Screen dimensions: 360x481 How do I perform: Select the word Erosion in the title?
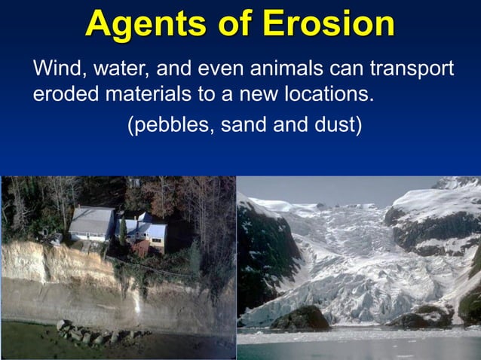coord(331,24)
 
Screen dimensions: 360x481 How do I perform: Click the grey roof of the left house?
coord(90,220)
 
